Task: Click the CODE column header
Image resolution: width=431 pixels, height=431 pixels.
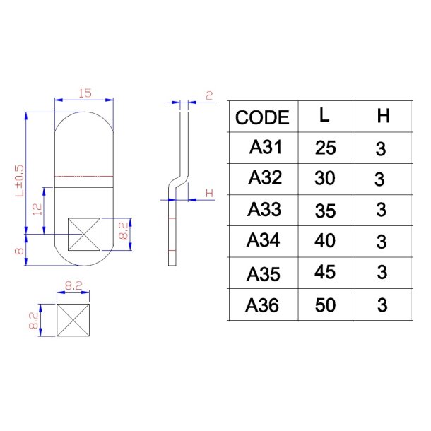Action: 262,118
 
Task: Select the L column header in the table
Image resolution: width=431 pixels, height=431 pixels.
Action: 324,116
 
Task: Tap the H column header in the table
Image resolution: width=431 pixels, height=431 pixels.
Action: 382,117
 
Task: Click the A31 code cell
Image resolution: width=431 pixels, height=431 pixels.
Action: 266,148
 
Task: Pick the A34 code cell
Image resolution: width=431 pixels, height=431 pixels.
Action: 264,240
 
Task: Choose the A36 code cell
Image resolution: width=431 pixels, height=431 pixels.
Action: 263,305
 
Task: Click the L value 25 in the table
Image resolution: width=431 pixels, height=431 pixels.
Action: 325,148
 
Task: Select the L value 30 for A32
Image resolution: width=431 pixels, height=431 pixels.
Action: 325,179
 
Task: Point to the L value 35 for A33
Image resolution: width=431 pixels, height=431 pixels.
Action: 325,210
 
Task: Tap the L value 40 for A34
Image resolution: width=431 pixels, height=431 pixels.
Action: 325,241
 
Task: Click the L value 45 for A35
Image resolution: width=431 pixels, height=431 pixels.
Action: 325,272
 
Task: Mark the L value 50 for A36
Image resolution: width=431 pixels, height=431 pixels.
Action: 325,305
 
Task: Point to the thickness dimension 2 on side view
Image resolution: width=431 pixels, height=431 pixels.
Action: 209,95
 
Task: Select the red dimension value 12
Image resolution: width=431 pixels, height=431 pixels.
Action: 37,209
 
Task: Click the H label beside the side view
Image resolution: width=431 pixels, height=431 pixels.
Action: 208,193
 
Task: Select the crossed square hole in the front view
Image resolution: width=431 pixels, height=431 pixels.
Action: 85,234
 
